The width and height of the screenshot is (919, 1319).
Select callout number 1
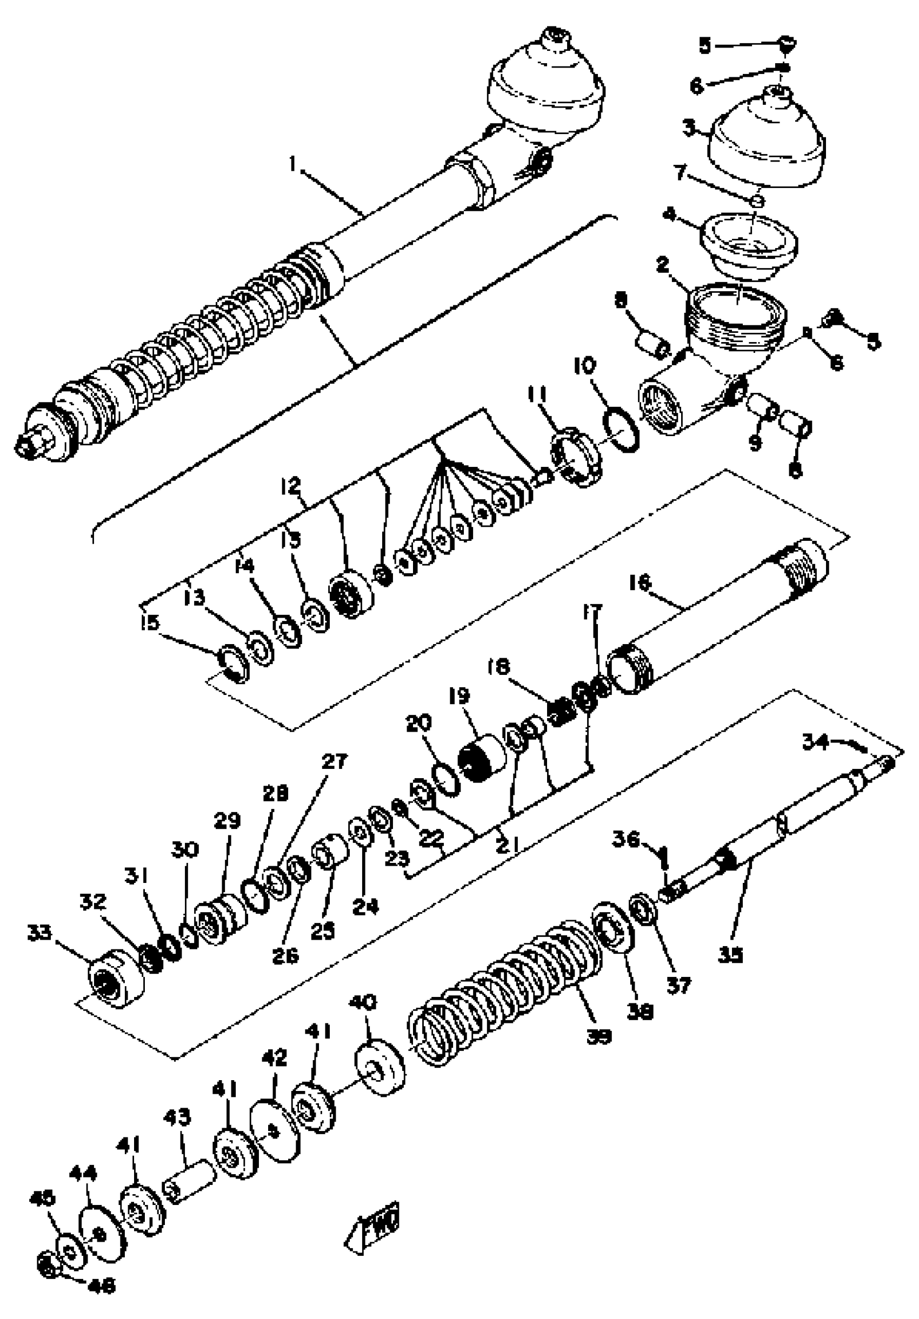[x=292, y=165]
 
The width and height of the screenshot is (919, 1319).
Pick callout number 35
[x=730, y=955]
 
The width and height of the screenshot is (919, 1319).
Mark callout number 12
[x=291, y=486]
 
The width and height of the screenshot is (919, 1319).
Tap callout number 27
[x=334, y=761]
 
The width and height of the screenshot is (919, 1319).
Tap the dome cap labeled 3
[x=764, y=144]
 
